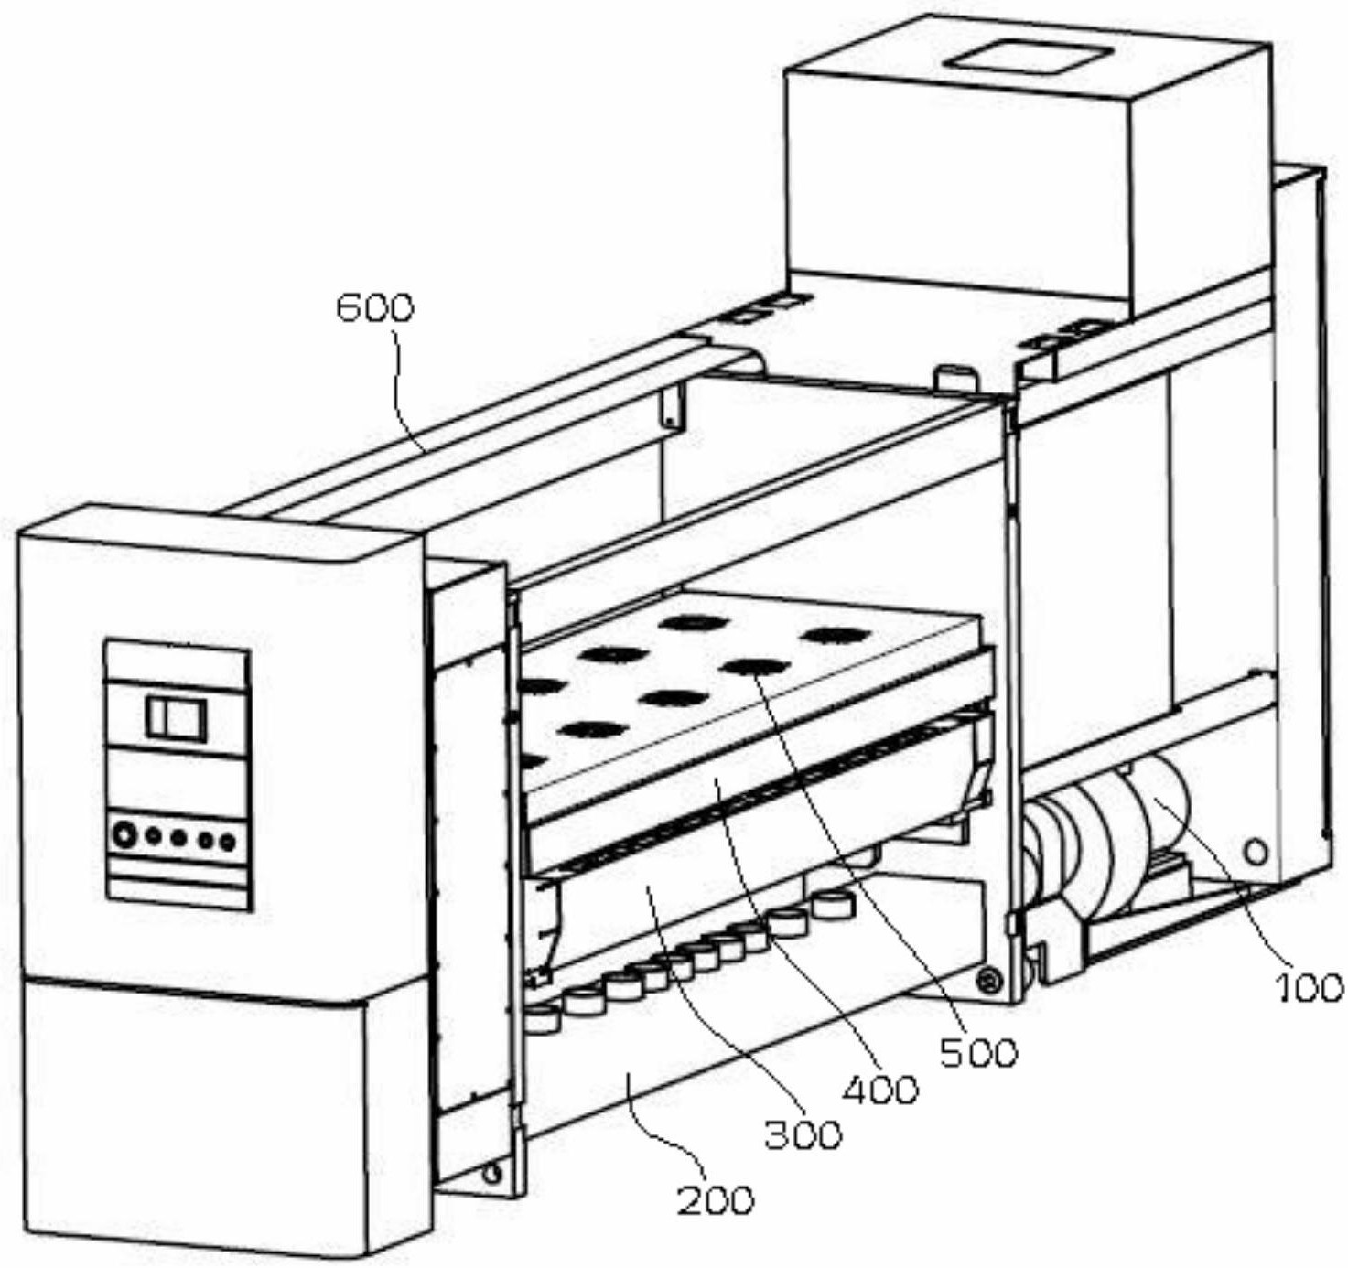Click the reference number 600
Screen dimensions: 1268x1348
pos(375,308)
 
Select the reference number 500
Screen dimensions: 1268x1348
pos(978,1053)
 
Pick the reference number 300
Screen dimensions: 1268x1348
pos(803,1134)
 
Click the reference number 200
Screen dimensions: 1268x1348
pos(716,1199)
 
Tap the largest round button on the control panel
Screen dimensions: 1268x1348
pos(124,835)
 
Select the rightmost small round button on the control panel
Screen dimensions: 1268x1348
pos(229,841)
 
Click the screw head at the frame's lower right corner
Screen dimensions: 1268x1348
pos(987,980)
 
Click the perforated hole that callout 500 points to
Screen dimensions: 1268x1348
pos(754,667)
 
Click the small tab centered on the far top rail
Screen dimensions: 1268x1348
pos(949,375)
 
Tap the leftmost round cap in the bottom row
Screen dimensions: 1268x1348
pos(542,1017)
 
